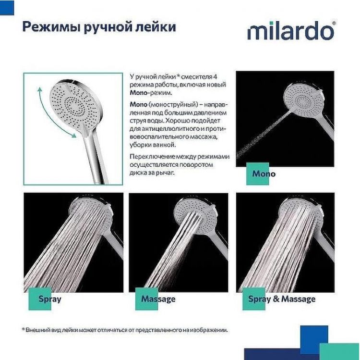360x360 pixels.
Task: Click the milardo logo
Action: point(291,31)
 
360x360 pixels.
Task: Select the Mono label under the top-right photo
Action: point(264,174)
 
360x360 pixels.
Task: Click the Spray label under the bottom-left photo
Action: point(50,299)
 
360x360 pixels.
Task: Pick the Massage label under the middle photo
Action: point(158,299)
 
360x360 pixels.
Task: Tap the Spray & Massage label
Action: point(282,299)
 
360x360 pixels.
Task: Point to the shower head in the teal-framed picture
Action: point(72,103)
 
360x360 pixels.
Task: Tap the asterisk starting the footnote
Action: point(23,330)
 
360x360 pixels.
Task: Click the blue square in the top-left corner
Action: point(7,7)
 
